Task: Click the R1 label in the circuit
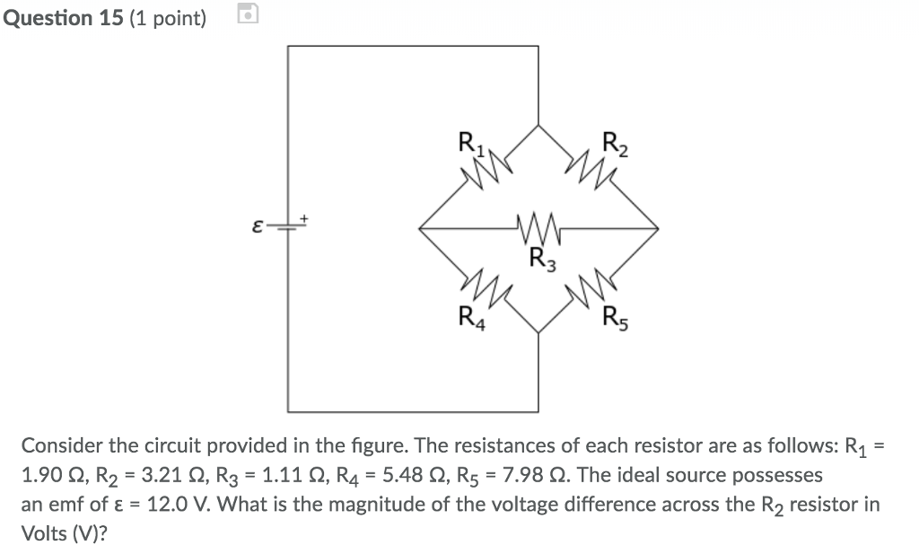click(469, 143)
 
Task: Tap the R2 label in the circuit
click(615, 143)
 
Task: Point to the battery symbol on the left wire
click(287, 228)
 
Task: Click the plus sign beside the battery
click(304, 218)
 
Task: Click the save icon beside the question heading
click(249, 14)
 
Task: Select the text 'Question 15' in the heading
click(62, 18)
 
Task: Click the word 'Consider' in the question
click(58, 446)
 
